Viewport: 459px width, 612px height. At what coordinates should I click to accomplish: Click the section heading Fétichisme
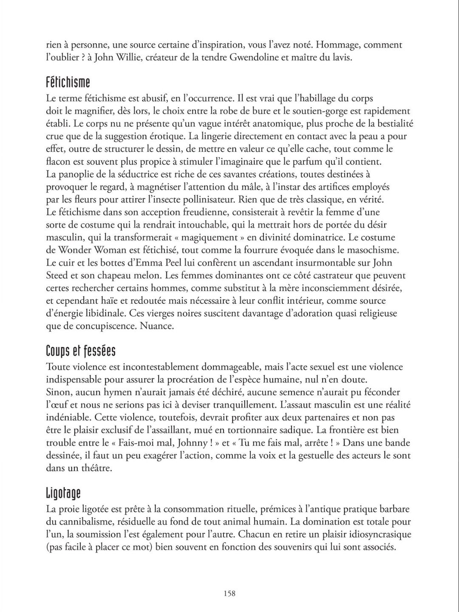[x=68, y=82]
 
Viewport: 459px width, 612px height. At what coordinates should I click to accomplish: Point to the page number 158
[x=229, y=593]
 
